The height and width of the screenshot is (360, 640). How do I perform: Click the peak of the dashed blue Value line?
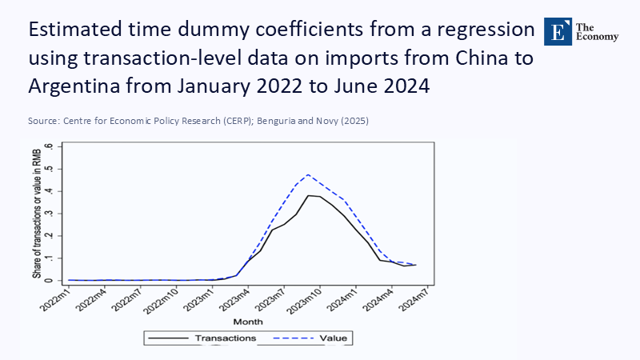(308, 174)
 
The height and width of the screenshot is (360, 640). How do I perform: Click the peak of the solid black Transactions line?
(308, 195)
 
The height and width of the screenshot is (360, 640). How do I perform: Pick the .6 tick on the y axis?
(50, 147)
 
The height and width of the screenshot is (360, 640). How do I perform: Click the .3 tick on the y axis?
(50, 214)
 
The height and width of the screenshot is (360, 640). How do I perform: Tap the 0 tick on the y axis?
(50, 280)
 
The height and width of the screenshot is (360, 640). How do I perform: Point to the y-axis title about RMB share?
(37, 214)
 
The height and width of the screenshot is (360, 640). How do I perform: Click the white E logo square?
(558, 30)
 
